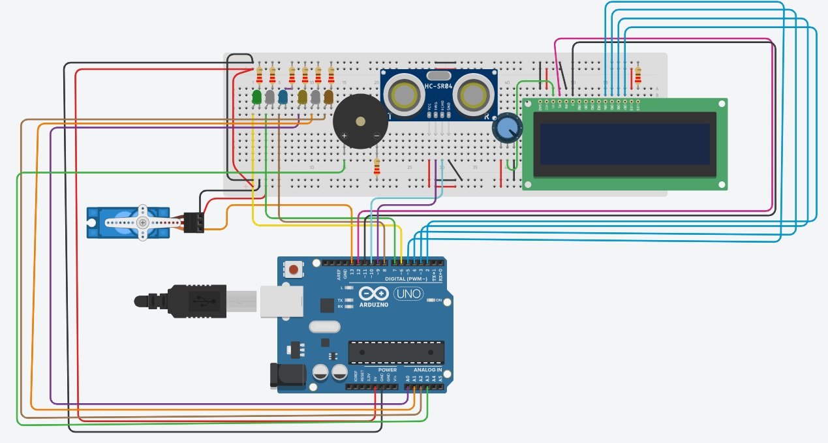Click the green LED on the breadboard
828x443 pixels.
256,97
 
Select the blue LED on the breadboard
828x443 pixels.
283,97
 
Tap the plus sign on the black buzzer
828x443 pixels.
344,136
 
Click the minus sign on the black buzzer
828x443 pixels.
375,136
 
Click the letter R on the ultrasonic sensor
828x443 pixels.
487,116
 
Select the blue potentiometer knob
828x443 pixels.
508,127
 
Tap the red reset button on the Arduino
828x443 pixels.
294,269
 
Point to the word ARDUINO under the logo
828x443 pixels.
373,305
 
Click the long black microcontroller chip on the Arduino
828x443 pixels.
396,352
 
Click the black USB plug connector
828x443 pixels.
189,300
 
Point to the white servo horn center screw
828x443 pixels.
142,222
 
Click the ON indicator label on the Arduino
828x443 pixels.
438,300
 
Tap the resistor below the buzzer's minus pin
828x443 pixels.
376,167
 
